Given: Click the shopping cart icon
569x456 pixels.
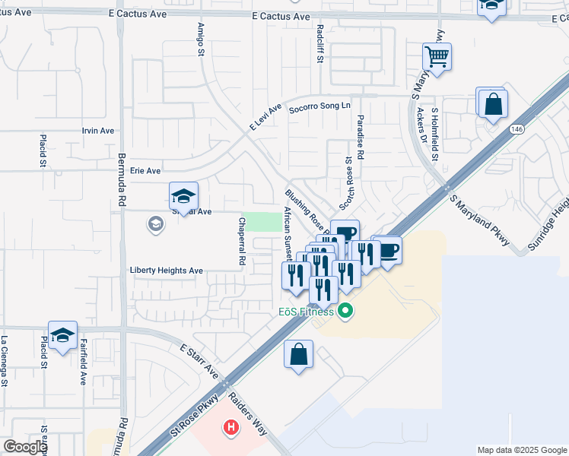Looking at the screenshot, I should point(437,56).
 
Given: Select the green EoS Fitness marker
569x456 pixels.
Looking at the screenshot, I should point(345,310).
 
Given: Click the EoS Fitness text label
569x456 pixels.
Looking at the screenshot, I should point(305,312).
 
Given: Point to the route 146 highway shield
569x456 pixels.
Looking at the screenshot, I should point(517,129).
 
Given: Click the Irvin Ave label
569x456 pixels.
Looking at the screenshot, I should point(97,131).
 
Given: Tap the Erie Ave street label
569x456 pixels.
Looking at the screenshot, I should point(145,171).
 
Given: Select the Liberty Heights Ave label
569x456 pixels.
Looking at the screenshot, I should point(167,270).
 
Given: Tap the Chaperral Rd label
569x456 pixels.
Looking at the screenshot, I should point(242,242).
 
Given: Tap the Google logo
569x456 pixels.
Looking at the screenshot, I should point(25,447).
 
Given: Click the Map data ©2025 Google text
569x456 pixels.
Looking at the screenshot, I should point(522,450).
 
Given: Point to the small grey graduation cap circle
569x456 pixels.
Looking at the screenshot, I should point(156,223).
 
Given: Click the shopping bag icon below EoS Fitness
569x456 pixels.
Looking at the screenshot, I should point(298,354).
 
